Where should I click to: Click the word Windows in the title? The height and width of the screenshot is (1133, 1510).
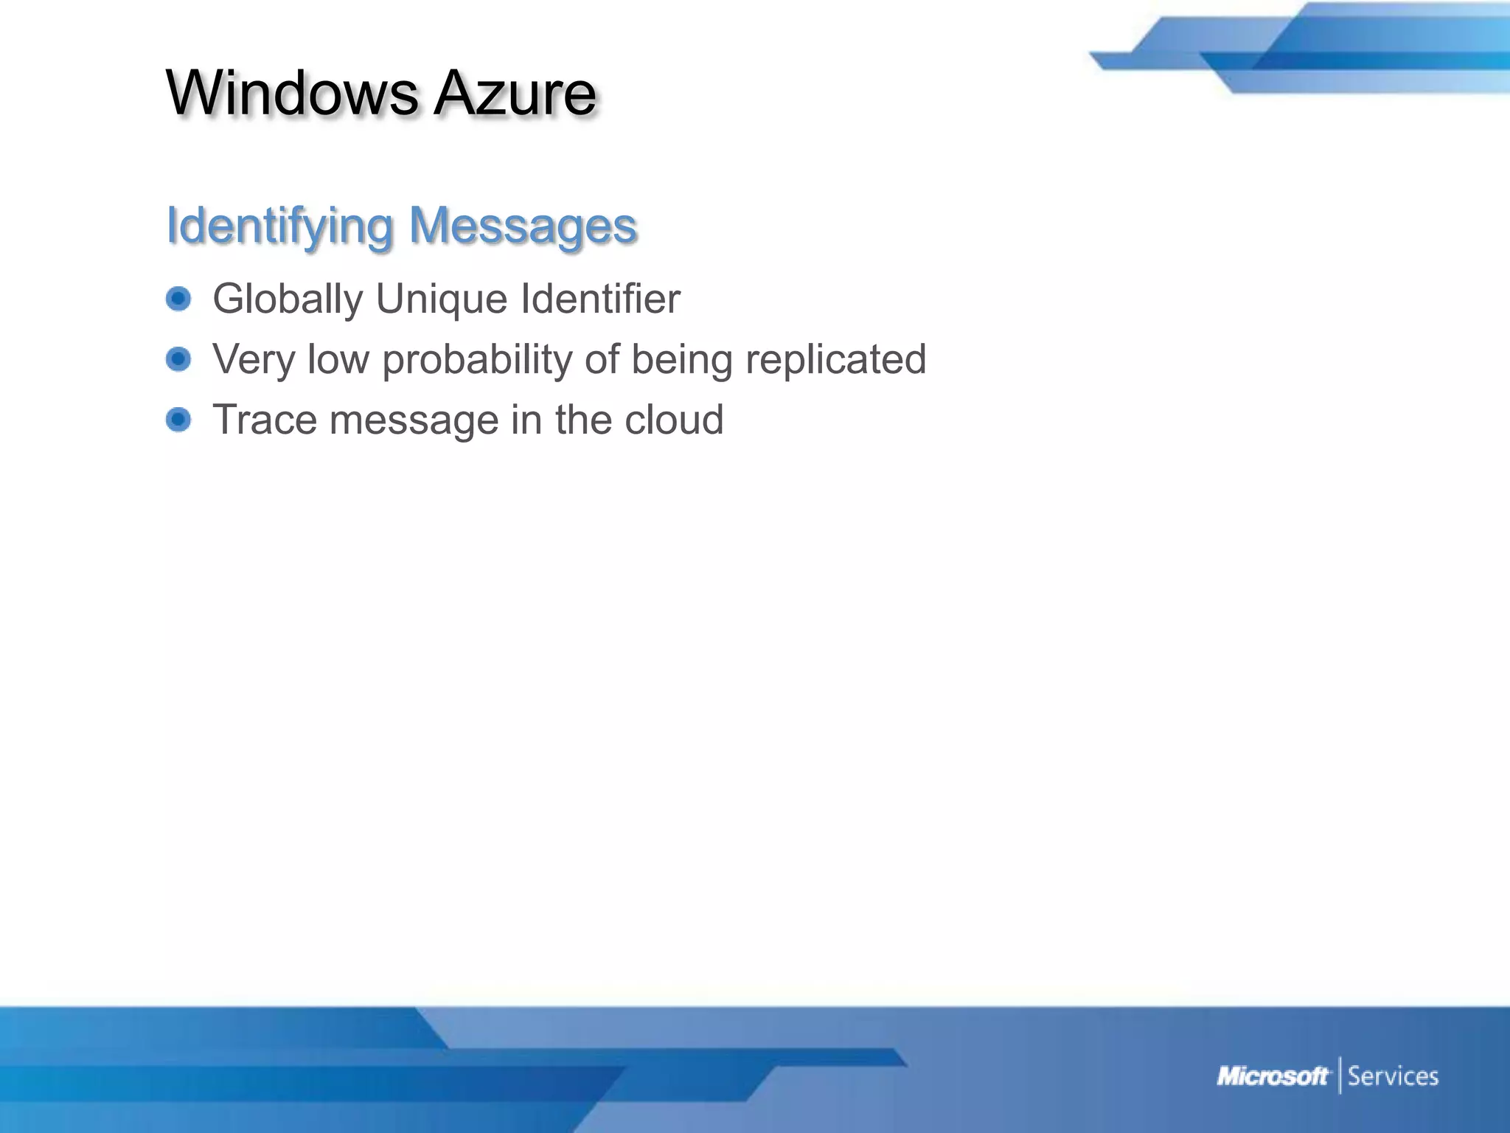[x=292, y=93]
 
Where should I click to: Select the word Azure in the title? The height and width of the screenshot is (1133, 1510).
[x=515, y=93]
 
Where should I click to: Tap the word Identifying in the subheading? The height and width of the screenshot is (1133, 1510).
[x=279, y=226]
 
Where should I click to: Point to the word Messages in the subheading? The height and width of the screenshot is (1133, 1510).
[x=523, y=226]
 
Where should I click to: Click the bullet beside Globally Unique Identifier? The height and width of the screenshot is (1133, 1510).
[x=178, y=299]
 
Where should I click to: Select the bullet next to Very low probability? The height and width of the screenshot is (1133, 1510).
[x=178, y=359]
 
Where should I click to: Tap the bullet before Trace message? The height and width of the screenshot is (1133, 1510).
[x=178, y=420]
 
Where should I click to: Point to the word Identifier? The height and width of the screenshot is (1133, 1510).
[x=600, y=299]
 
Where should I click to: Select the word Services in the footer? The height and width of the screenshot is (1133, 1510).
[x=1393, y=1076]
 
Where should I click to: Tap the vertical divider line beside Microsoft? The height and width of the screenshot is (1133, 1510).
[x=1340, y=1075]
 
